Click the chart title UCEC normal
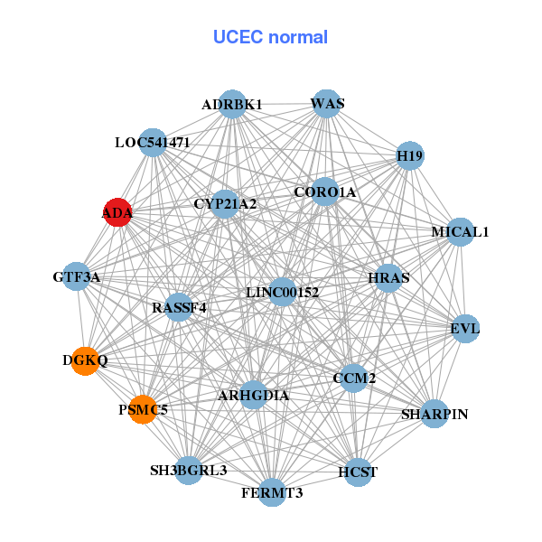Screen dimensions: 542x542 tap(270, 37)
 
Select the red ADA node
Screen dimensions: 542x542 tap(118, 213)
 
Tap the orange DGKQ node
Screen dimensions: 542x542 tap(85, 360)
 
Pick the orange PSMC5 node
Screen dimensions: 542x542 tap(142, 410)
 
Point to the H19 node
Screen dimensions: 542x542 tap(410, 156)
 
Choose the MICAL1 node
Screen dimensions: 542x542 tap(460, 232)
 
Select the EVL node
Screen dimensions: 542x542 tap(465, 328)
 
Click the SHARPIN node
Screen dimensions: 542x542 tap(435, 414)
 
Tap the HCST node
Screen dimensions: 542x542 tap(358, 472)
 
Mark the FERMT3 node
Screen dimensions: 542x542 tap(272, 492)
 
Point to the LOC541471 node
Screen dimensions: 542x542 tap(153, 143)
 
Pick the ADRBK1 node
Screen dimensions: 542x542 tap(232, 105)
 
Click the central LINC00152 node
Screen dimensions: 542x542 tap(283, 292)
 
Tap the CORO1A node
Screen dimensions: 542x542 tap(325, 192)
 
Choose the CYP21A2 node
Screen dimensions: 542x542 tap(225, 204)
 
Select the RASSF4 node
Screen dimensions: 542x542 tap(179, 307)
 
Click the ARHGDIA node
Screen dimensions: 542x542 tap(254, 395)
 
